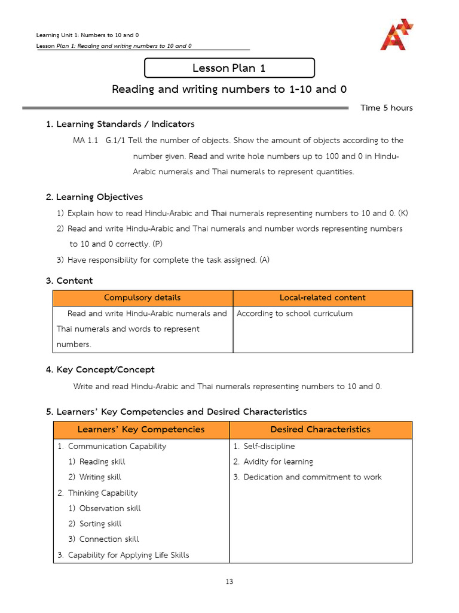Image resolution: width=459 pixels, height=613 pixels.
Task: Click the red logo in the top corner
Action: click(x=396, y=34)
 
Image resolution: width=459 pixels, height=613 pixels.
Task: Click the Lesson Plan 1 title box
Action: click(x=229, y=68)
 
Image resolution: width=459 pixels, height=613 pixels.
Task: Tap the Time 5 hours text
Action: click(x=386, y=108)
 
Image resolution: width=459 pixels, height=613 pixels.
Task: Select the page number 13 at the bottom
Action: click(x=229, y=581)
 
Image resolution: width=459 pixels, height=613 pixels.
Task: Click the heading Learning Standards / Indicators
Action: click(x=120, y=124)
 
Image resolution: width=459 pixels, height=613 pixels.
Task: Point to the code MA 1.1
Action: click(x=85, y=140)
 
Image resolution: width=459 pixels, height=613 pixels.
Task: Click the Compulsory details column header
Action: click(x=142, y=298)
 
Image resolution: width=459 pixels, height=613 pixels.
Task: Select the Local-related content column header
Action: click(x=322, y=298)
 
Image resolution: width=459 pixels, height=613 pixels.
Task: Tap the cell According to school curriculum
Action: click(x=295, y=314)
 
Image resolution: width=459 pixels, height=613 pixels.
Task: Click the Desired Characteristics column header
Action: click(x=320, y=429)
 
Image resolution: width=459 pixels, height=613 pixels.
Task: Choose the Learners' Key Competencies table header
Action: click(x=141, y=429)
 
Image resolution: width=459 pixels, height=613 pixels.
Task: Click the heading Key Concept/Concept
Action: click(x=100, y=369)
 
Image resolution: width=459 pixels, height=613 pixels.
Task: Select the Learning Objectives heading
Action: click(x=94, y=197)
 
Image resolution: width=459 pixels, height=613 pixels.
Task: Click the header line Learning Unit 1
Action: click(x=88, y=35)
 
